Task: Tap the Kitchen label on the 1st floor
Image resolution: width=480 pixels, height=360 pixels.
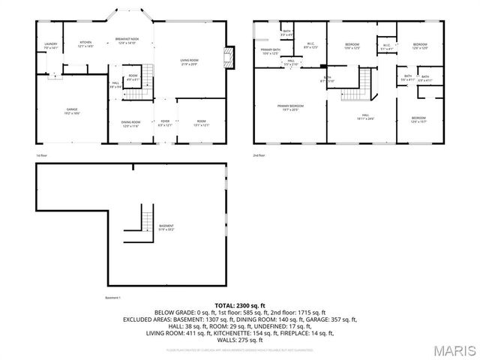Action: click(x=85, y=43)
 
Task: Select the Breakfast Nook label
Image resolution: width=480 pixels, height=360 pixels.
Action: click(x=125, y=40)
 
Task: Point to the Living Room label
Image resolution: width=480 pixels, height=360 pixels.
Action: click(x=188, y=62)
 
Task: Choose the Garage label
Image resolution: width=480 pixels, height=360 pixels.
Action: click(x=71, y=111)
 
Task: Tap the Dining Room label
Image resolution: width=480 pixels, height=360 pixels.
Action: click(x=131, y=124)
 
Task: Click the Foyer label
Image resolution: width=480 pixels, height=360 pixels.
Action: click(x=165, y=124)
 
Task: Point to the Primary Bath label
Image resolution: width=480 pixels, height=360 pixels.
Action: click(x=270, y=52)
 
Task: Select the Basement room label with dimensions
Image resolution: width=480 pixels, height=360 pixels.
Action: click(x=166, y=227)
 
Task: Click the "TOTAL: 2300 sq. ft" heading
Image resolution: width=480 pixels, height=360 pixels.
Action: click(x=240, y=306)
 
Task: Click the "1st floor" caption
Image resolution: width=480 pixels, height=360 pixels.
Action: click(x=43, y=154)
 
